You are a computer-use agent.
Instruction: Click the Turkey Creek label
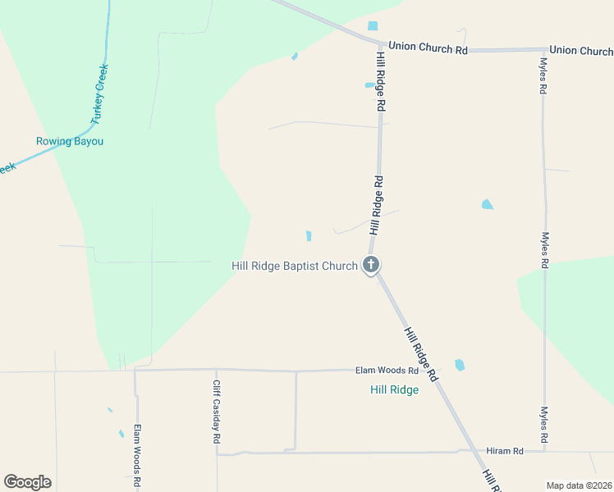pos(99,94)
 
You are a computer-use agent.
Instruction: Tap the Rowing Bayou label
pos(70,141)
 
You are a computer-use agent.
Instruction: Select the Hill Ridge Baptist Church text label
pos(295,266)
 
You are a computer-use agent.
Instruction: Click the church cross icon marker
pos(371,265)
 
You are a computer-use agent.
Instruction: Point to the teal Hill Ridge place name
pos(394,389)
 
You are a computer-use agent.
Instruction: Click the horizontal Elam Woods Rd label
pos(387,371)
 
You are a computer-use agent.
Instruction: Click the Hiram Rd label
pos(505,451)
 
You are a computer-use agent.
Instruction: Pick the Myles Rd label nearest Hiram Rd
pos(543,426)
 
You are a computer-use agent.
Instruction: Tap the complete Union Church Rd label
pos(428,48)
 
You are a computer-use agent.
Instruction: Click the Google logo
pos(27,482)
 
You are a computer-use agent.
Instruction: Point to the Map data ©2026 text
pos(580,485)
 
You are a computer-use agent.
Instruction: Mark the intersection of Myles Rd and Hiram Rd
pos(543,450)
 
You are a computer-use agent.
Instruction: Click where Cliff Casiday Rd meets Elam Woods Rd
pos(216,370)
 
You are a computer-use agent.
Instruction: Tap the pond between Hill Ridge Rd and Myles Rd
pos(488,204)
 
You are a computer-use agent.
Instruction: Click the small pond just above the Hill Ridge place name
pos(459,365)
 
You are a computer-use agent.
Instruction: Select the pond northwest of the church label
pos(309,236)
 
